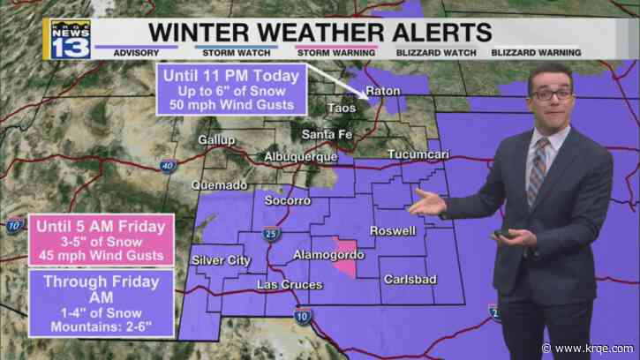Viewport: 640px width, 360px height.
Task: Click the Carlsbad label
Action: click(x=410, y=280)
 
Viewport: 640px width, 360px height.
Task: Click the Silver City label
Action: click(x=221, y=260)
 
